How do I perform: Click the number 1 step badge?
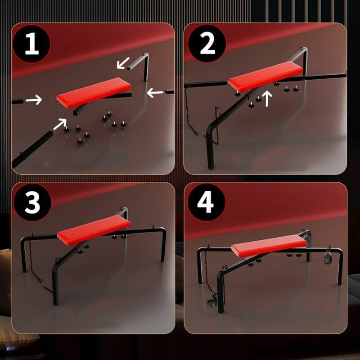pos(31,44)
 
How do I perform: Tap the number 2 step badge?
pos(207,43)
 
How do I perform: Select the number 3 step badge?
pos(32,202)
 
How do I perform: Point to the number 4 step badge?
pos(207,202)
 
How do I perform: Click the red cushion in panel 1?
pos(94,93)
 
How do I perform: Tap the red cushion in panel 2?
pos(266,76)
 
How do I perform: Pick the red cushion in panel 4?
pos(269,246)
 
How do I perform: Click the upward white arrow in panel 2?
pos(267,99)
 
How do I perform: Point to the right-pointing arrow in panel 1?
pos(34,100)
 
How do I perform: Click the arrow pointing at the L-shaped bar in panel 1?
pos(123,63)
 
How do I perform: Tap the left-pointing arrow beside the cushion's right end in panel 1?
pos(155,93)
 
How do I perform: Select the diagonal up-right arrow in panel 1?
pos(60,124)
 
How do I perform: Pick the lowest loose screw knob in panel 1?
pos(80,141)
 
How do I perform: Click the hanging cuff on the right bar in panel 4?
pos(328,256)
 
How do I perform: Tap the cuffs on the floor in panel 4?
pos(212,298)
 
